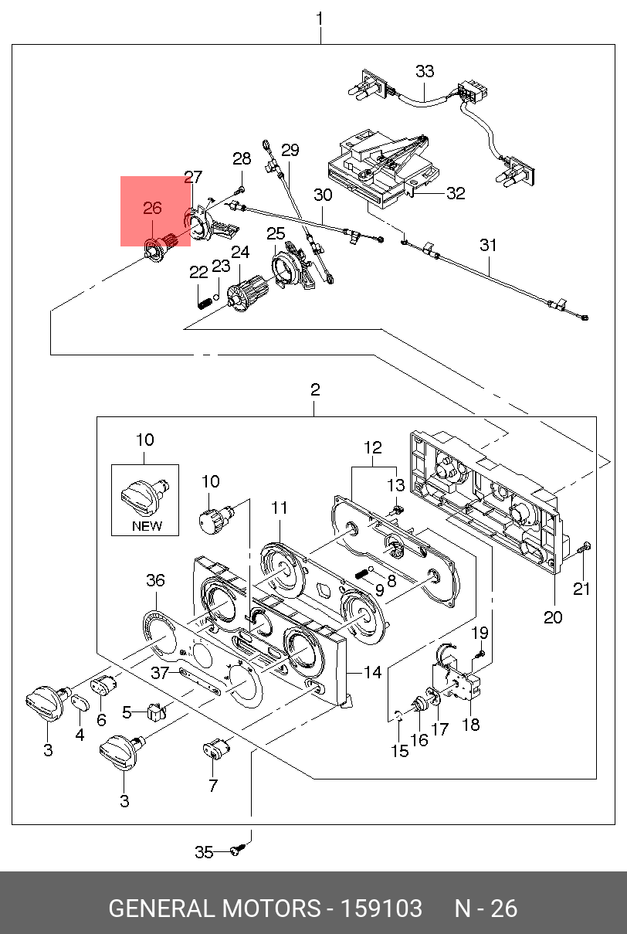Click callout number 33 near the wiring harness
425,71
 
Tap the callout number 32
456,193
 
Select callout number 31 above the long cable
488,245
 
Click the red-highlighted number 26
153,208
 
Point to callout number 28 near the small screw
242,159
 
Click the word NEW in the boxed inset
147,525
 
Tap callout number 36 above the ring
155,580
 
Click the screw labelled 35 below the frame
239,850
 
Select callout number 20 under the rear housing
553,616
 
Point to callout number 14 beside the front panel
373,672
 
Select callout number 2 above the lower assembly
315,390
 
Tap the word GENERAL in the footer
161,908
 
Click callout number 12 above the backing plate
373,447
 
